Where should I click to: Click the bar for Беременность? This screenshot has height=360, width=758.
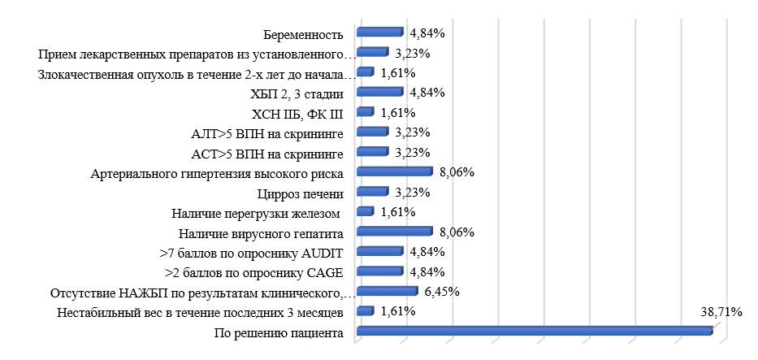pyautogui.click(x=379, y=33)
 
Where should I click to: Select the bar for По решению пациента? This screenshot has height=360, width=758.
pyautogui.click(x=534, y=331)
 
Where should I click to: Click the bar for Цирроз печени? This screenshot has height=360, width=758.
pyautogui.click(x=372, y=193)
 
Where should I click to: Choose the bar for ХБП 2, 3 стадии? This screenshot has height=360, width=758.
pyautogui.click(x=379, y=93)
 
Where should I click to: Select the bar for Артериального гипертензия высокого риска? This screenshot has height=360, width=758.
pyautogui.click(x=394, y=172)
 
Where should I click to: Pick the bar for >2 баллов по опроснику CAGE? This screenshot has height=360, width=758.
pyautogui.click(x=379, y=271)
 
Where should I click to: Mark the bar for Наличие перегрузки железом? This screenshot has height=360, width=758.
pyautogui.click(x=365, y=212)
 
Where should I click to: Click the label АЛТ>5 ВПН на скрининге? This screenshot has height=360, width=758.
pyautogui.click(x=265, y=133)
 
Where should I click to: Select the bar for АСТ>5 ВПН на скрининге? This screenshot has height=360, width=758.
pyautogui.click(x=372, y=153)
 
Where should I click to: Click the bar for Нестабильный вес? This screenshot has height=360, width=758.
pyautogui.click(x=365, y=311)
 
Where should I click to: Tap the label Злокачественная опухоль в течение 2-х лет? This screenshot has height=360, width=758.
pyautogui.click(x=195, y=75)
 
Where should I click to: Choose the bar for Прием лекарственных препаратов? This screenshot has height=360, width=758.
pyautogui.click(x=372, y=54)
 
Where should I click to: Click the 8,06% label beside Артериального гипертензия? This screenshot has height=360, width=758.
pyautogui.click(x=456, y=172)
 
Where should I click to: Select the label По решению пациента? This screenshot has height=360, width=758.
pyautogui.click(x=278, y=332)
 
